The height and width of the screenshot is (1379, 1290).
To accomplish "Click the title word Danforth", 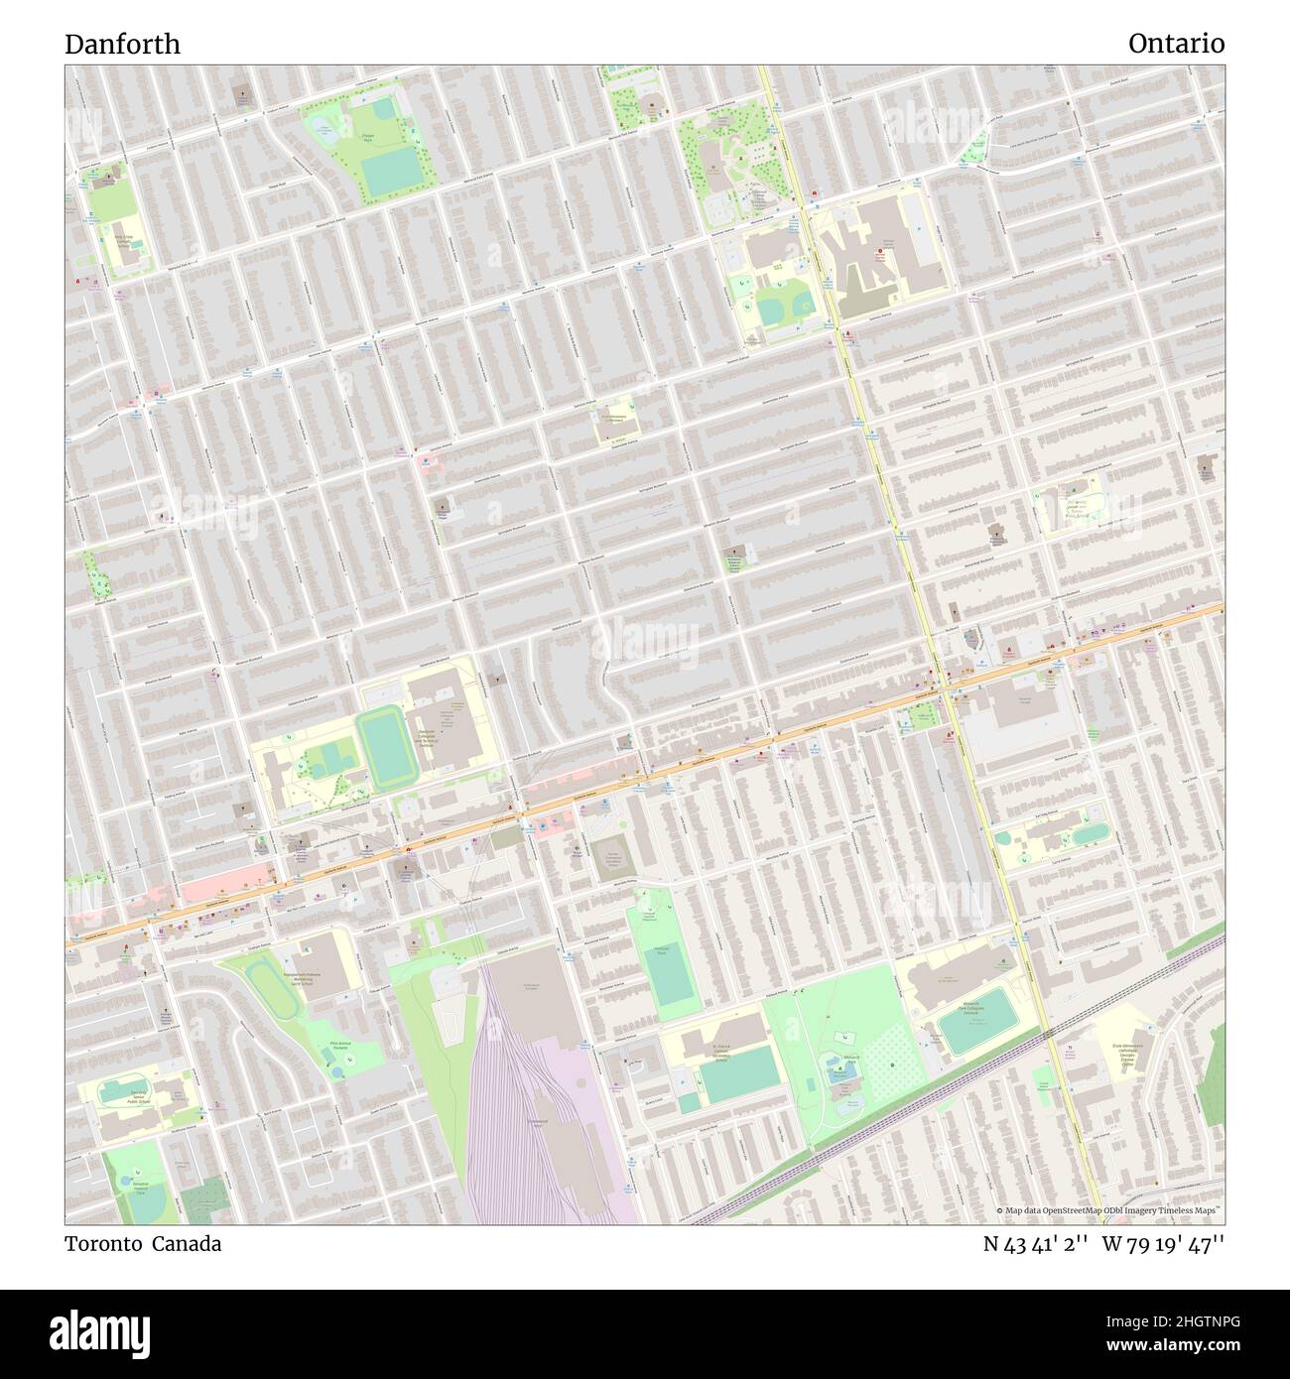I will click(123, 44).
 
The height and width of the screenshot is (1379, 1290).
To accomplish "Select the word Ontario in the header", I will click(1176, 44).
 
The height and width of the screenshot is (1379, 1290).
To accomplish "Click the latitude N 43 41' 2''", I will click(1031, 1243).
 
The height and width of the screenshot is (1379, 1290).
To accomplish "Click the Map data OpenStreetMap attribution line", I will click(1109, 1210).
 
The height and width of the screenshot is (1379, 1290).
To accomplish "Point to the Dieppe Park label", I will click(367, 140).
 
